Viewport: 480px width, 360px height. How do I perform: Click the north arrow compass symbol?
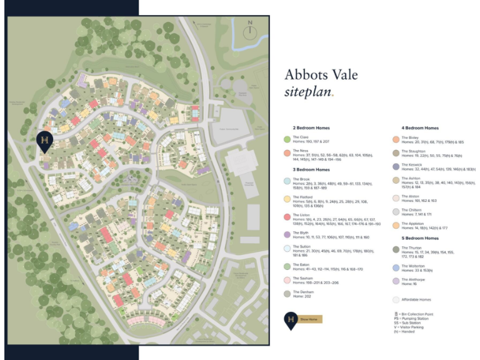[250, 31]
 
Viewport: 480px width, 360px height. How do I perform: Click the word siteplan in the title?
[311, 91]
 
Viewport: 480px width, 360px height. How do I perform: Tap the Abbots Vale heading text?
[321, 74]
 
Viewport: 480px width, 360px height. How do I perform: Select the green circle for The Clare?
[287, 139]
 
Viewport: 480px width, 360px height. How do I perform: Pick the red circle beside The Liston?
[287, 217]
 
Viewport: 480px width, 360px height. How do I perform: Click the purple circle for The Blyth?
[287, 234]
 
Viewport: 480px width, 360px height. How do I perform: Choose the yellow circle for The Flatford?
[287, 199]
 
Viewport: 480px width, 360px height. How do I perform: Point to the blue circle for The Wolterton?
[396, 267]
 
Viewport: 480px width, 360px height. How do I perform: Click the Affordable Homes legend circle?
[396, 299]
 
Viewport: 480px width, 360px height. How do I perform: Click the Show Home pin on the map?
[44, 142]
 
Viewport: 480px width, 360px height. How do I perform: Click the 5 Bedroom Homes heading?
[420, 238]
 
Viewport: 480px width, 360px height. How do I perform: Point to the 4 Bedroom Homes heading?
[420, 127]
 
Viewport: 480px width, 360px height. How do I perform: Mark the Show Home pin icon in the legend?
[290, 319]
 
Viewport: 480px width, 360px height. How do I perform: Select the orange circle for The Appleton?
[396, 225]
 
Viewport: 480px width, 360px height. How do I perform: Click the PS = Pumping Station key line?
[411, 319]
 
